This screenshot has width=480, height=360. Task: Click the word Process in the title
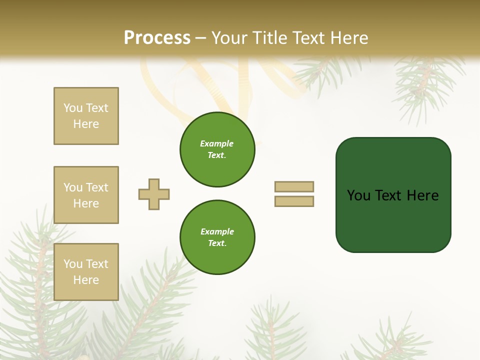157,38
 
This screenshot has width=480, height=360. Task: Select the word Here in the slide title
348,38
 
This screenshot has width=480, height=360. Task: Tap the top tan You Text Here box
86,116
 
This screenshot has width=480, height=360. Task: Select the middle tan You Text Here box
86,195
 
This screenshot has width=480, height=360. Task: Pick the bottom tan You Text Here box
86,272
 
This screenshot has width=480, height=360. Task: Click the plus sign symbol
154,194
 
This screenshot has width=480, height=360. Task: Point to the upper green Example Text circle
217,149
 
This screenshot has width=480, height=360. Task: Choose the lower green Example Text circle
217,237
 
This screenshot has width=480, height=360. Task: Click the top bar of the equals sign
294,186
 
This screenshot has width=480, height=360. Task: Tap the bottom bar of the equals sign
294,201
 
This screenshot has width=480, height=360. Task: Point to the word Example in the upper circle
217,144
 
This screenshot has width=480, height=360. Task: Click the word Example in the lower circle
217,232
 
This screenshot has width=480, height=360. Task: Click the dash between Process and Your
200,38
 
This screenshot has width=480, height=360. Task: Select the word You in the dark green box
358,195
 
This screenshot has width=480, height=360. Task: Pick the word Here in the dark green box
422,195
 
